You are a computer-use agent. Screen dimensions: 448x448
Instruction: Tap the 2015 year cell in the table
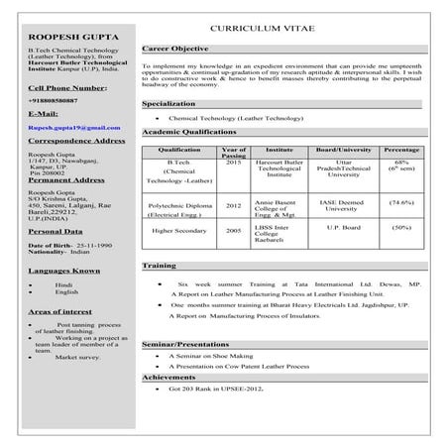233,162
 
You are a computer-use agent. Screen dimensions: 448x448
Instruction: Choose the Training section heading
160,267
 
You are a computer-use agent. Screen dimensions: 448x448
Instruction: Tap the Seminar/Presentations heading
186,343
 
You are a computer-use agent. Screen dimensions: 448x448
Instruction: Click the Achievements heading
168,378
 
